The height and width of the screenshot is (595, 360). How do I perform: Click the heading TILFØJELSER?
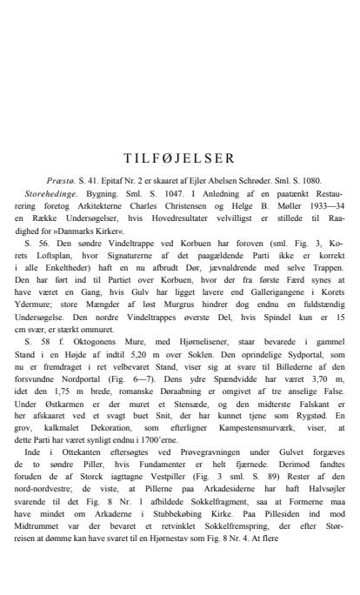click(179, 158)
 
